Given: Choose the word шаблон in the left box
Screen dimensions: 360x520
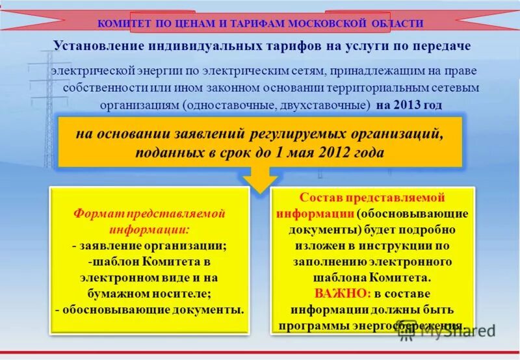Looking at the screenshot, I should tap(129, 262).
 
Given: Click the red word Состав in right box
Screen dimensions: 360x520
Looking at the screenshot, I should tap(320, 198).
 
